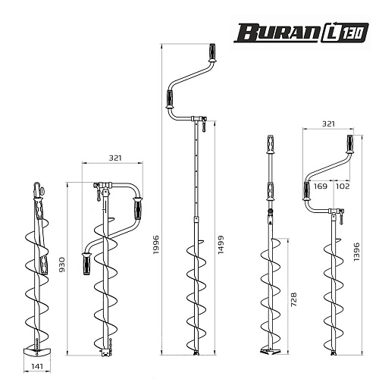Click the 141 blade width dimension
click(37, 365)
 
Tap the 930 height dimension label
click(62, 265)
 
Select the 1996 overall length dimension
click(156, 245)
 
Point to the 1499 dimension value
click(221, 245)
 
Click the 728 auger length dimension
click(293, 299)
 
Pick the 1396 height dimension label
click(356, 252)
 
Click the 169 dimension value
click(321, 186)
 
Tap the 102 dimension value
click(343, 186)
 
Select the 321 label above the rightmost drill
click(328, 124)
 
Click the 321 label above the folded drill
click(115, 158)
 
